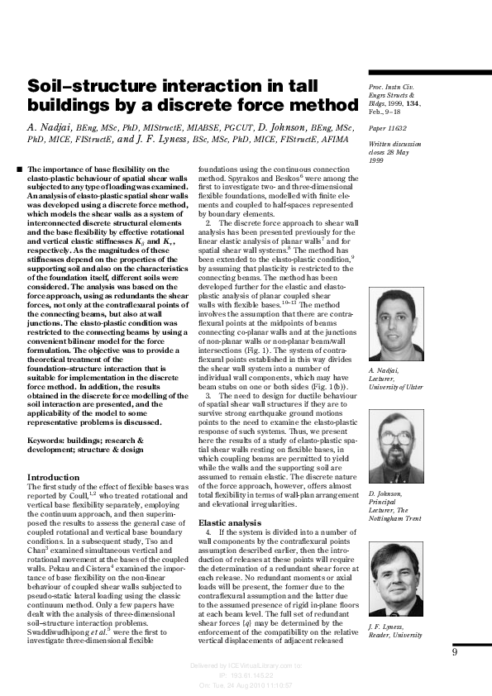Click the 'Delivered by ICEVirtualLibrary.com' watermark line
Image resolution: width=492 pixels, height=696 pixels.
coord(234,665)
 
